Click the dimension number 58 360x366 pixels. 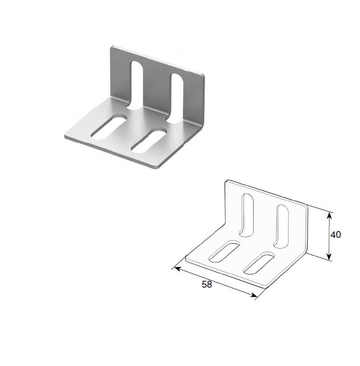(x=207, y=285)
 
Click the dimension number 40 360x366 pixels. (x=336, y=234)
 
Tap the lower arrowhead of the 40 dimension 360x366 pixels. (x=329, y=257)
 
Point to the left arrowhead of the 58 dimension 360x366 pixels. (x=178, y=269)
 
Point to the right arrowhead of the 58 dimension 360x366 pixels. (x=254, y=295)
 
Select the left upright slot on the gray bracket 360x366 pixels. (x=137, y=85)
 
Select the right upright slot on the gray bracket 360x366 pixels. (x=177, y=98)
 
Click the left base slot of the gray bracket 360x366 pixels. (x=108, y=127)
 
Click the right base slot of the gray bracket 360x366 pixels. (x=149, y=141)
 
